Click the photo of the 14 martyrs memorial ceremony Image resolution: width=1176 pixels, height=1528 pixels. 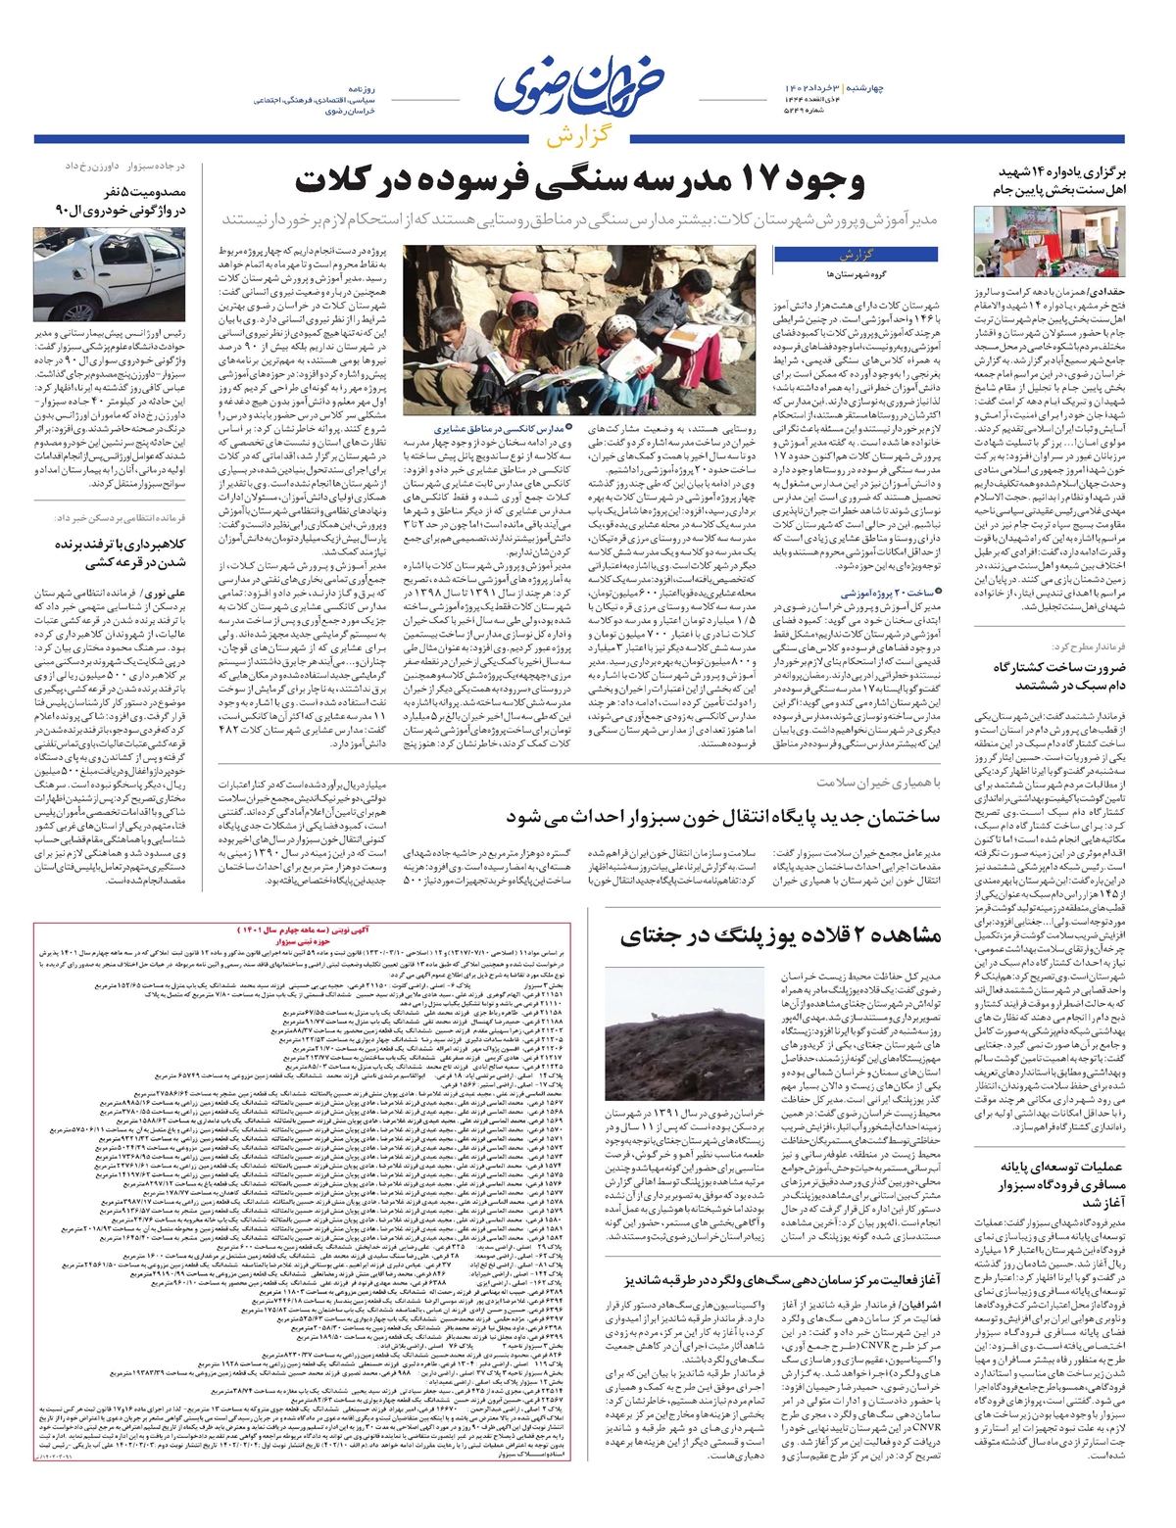pyautogui.click(x=1048, y=241)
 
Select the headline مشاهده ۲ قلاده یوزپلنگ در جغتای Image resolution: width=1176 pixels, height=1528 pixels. pyautogui.click(x=780, y=935)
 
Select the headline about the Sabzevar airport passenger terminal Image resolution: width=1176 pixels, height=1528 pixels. pyautogui.click(x=1060, y=1185)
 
